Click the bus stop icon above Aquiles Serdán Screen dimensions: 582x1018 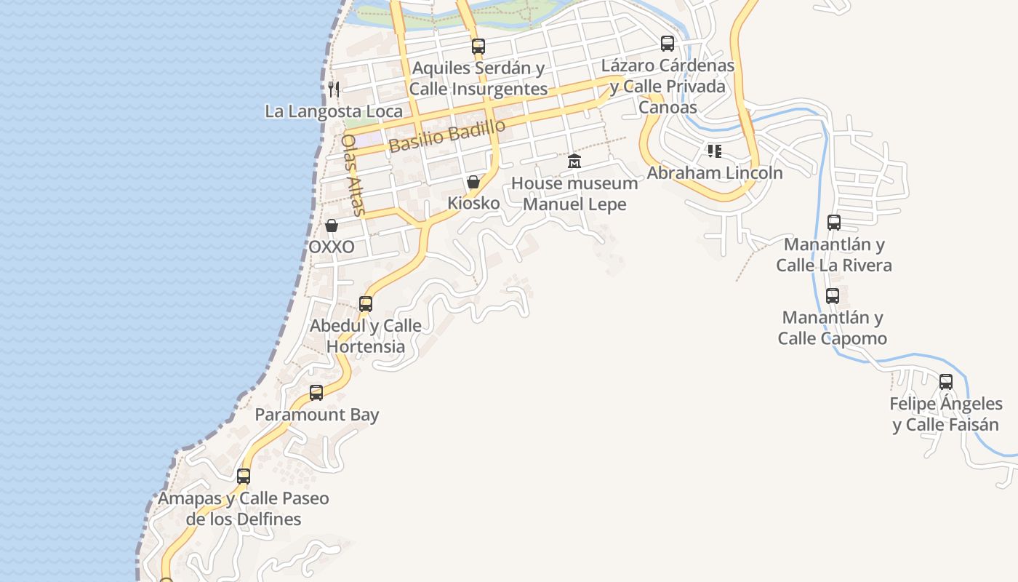(x=478, y=46)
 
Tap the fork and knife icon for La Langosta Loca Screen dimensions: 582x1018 (x=334, y=89)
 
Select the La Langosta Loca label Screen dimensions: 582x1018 (x=334, y=111)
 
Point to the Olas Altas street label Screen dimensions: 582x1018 (x=353, y=175)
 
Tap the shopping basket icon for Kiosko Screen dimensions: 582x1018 (x=473, y=182)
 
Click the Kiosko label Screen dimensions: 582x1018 (x=473, y=203)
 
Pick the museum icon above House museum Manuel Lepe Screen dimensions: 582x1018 (x=574, y=161)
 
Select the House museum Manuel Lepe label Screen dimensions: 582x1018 (x=574, y=194)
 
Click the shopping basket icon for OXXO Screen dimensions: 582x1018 (x=332, y=226)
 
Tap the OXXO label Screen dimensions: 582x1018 (x=332, y=247)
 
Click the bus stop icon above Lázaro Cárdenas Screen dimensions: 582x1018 (x=668, y=44)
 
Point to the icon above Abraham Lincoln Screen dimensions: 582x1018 (x=715, y=151)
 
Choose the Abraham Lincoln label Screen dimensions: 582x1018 (x=715, y=173)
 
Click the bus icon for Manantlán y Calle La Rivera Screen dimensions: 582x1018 (x=834, y=223)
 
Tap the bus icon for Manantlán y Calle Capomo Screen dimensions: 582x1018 (x=833, y=296)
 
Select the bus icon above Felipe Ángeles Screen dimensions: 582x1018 (x=946, y=381)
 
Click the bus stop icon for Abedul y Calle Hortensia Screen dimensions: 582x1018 (x=366, y=303)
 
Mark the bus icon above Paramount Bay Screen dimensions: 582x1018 (x=316, y=393)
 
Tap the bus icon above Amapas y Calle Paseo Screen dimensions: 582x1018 (x=244, y=477)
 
